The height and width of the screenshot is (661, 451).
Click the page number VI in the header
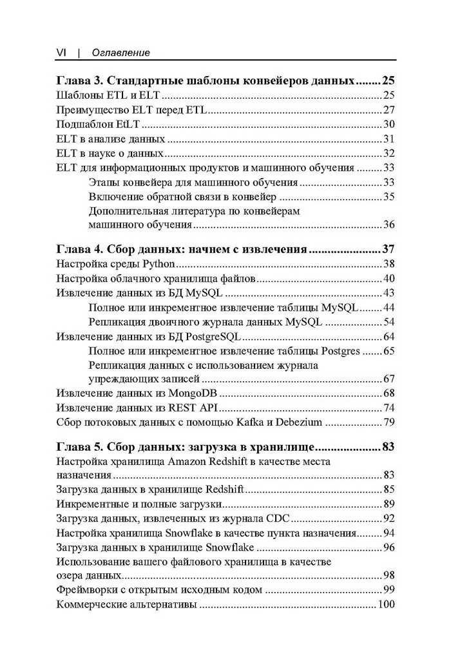click(62, 52)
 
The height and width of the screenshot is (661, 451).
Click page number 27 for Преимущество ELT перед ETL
click(389, 110)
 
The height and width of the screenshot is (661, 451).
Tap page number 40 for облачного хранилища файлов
click(389, 279)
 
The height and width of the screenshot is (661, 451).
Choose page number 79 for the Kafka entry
click(389, 422)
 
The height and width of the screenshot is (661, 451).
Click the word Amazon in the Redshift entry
click(189, 462)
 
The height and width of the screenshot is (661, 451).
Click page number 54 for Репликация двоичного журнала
click(389, 322)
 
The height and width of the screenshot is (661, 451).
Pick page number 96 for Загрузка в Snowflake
click(389, 548)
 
